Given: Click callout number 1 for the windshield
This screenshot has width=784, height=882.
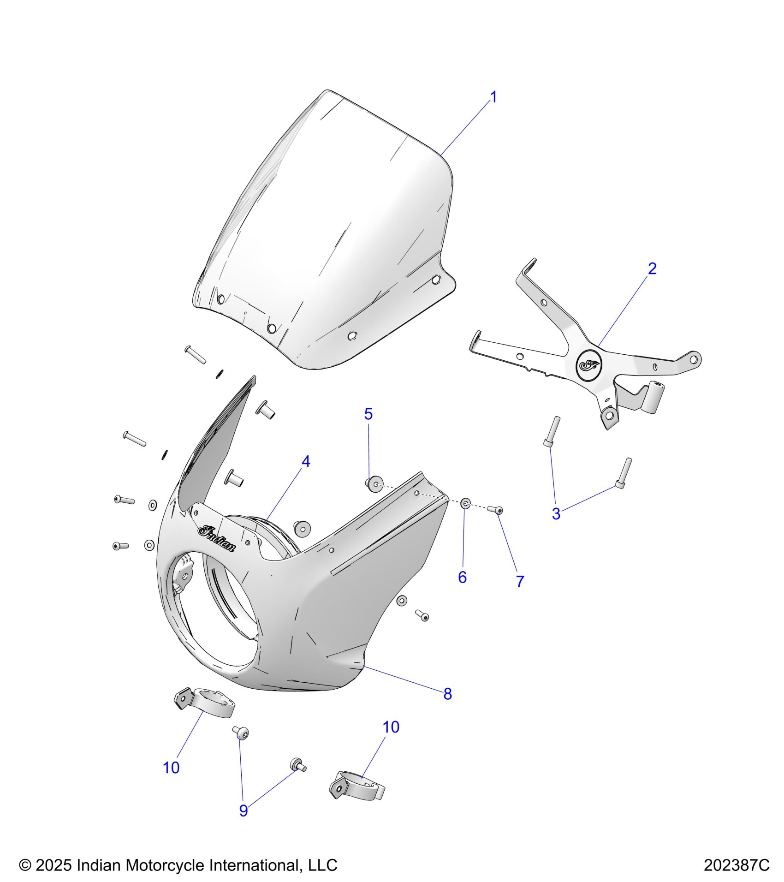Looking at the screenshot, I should coord(493,98).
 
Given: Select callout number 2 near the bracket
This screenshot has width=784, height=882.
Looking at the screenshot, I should coord(652,268).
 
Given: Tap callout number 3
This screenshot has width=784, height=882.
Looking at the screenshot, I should coord(556,514).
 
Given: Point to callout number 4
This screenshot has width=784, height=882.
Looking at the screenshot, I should coord(306,461).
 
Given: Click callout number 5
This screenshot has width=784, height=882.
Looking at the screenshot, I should coord(368,414).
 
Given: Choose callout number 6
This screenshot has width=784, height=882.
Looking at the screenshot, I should coord(462,577).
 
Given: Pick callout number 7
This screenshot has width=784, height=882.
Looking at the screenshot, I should coord(520,582).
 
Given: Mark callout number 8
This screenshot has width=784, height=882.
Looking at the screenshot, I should coord(447,707).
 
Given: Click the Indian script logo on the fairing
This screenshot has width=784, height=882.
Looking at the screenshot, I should coord(216,538).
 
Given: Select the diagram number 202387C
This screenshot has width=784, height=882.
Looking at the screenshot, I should coord(736,865).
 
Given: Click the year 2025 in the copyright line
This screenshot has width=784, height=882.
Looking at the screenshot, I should coord(53,865).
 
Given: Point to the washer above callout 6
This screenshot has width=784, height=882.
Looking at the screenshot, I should coord(465,503).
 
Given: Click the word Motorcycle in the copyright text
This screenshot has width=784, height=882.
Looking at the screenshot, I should coord(166,865).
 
